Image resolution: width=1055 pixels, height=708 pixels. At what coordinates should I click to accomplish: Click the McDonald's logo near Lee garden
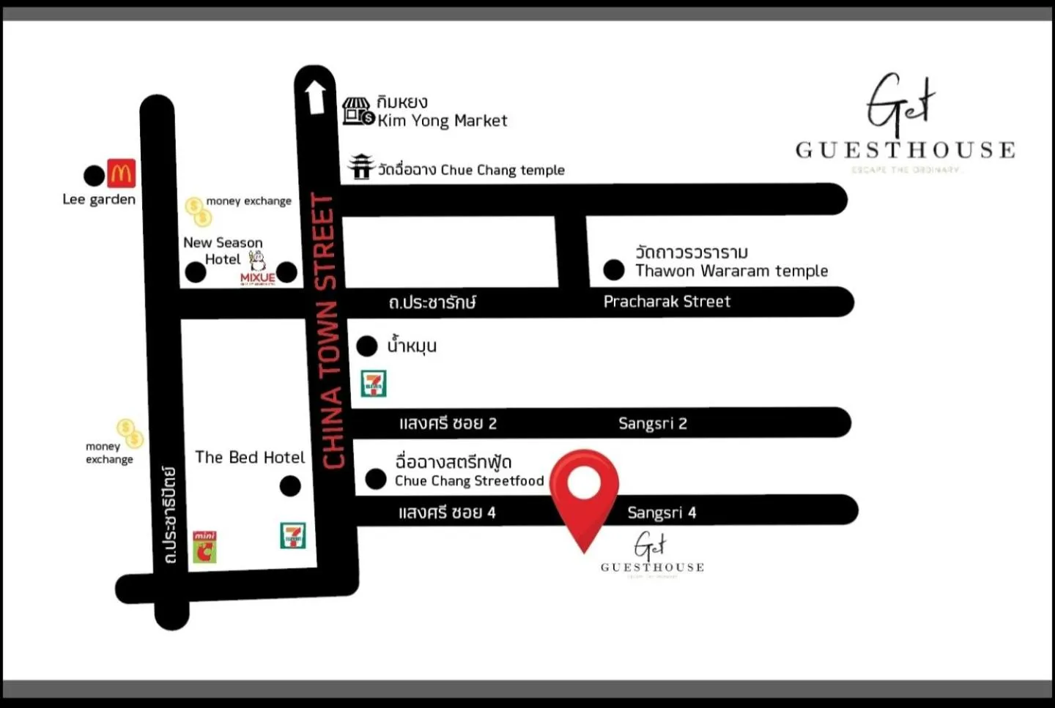tap(122, 174)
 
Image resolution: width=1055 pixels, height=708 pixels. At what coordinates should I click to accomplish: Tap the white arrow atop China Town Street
tap(315, 97)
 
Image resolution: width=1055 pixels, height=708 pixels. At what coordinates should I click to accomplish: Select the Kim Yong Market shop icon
tap(358, 111)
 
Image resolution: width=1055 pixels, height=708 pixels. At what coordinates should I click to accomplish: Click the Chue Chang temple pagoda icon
tap(361, 167)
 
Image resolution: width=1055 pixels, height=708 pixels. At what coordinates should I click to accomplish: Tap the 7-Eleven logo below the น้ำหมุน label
tap(374, 384)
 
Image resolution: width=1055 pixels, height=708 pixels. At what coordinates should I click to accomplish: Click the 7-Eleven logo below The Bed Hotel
tap(293, 535)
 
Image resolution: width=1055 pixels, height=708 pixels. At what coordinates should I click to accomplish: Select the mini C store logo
tap(205, 547)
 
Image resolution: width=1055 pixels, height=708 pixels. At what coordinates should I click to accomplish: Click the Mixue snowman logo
tap(258, 267)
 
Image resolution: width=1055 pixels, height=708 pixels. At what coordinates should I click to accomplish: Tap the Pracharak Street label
tap(667, 302)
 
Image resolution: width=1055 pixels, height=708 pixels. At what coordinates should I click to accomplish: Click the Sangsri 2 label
tap(652, 423)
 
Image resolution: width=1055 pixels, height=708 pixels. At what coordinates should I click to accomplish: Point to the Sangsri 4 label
tap(661, 513)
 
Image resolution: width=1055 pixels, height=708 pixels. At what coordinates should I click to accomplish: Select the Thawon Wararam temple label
tap(731, 271)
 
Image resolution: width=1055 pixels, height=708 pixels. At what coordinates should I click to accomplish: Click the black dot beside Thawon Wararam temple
tap(614, 270)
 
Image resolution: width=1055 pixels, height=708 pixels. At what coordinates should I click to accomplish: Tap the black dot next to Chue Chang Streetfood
tap(376, 480)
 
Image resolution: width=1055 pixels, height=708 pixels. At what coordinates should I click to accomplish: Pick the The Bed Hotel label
tap(250, 458)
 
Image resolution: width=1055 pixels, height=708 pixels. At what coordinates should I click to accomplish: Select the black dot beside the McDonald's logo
tap(94, 176)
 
